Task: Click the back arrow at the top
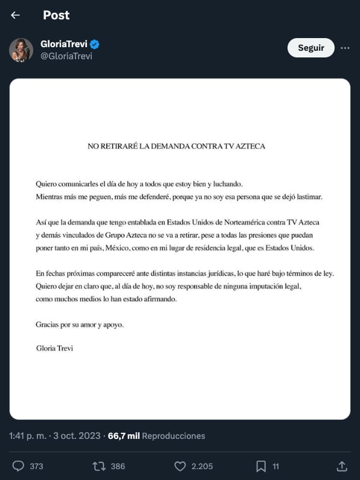15,15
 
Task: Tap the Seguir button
310,48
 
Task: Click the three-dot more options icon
345,48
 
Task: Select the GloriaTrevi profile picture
21,50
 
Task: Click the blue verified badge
95,44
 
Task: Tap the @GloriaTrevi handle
66,56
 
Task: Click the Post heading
56,15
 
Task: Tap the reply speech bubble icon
18,466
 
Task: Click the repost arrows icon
98,466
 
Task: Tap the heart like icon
179,466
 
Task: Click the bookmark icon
261,466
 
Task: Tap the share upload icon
341,466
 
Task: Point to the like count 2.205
202,466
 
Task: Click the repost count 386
118,466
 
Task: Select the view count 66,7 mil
124,436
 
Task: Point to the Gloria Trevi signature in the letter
54,348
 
